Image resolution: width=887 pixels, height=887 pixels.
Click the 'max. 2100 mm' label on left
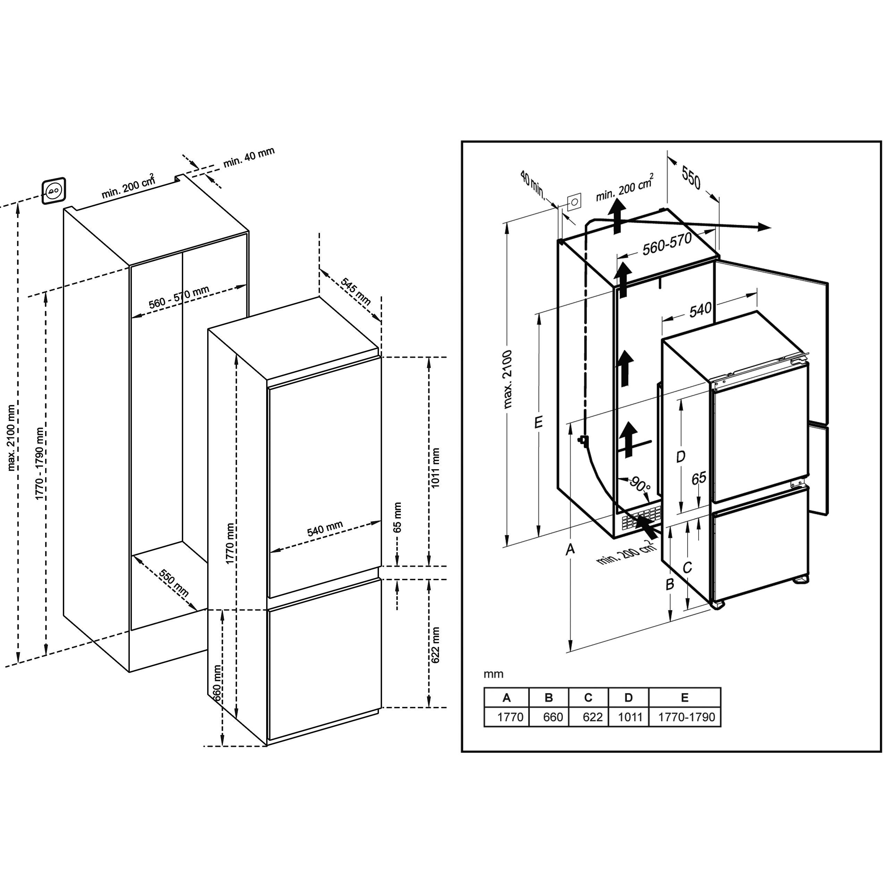pyautogui.click(x=12, y=438)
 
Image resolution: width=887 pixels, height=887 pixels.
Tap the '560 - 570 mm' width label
pyautogui.click(x=179, y=297)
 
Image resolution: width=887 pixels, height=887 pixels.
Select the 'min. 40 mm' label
pyautogui.click(x=249, y=158)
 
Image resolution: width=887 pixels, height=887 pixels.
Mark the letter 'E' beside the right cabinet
pyautogui.click(x=539, y=421)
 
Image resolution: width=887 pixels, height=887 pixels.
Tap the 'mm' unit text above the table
pyautogui.click(x=493, y=674)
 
